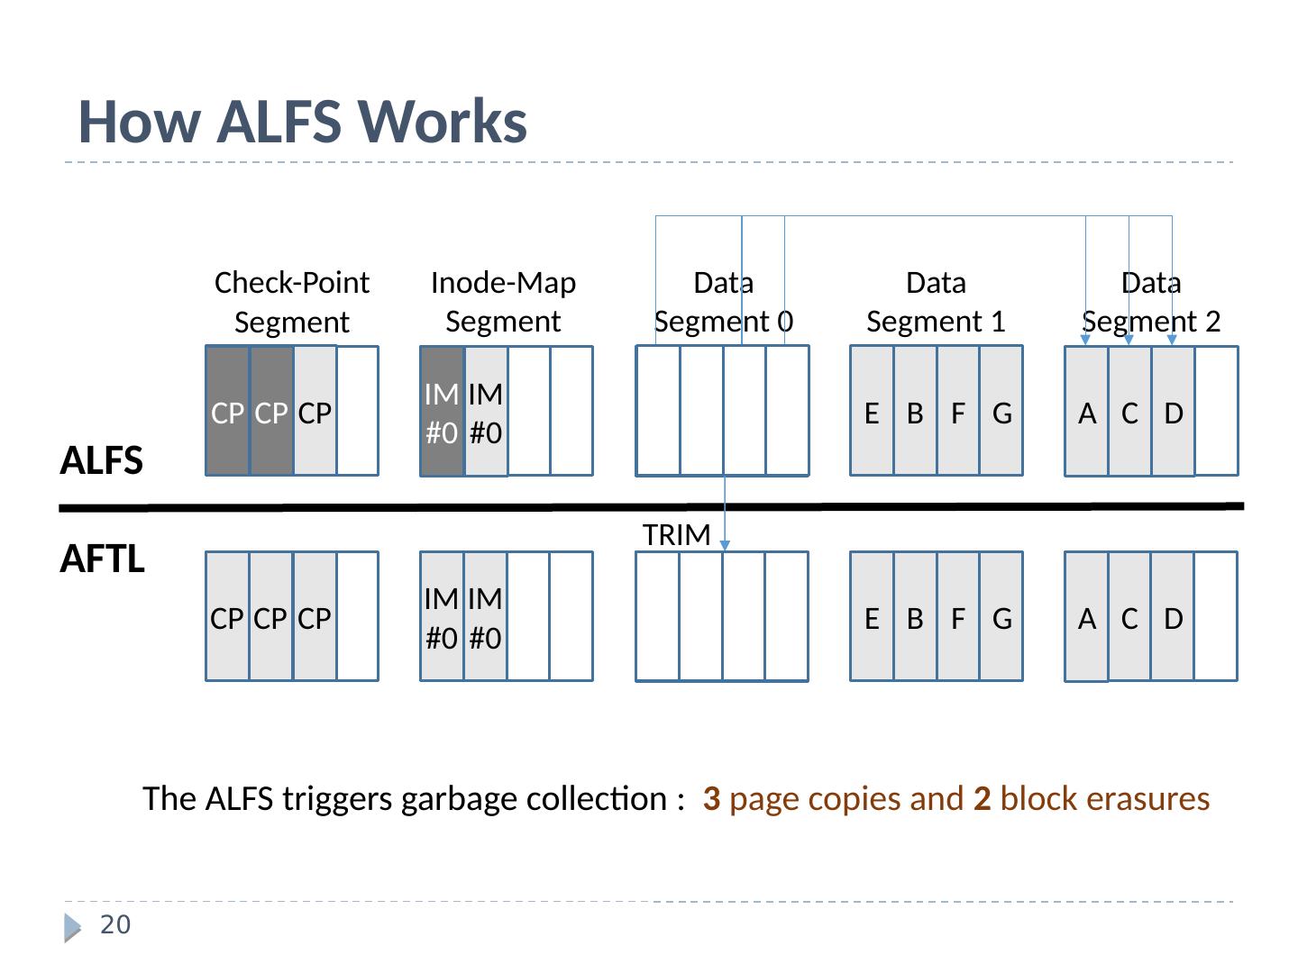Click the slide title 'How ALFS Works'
coord(303,122)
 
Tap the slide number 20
coord(114,925)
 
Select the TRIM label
coord(676,535)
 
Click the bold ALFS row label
coord(101,461)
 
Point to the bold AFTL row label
coord(102,559)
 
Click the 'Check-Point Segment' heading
coord(292,302)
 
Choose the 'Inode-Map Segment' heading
coord(503,302)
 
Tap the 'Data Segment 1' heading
coord(936,302)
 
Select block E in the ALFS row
coord(872,412)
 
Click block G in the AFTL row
coord(1001,617)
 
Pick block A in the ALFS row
coord(1087,412)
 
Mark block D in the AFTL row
coord(1173,617)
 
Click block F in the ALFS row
coord(958,412)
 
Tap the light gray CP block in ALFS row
coord(315,412)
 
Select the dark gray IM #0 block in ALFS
coord(442,412)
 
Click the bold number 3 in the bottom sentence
coord(711,799)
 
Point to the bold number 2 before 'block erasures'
coord(982,799)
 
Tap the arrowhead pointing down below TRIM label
coord(725,545)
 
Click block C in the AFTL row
coord(1129,617)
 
